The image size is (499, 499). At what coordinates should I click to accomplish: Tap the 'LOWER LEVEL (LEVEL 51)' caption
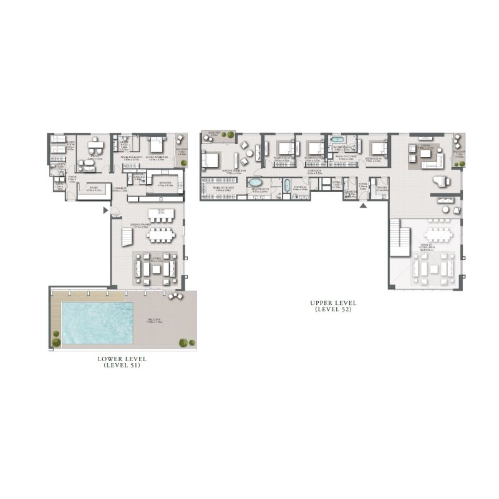click(x=122, y=362)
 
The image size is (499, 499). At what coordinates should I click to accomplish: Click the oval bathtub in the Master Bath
click(x=256, y=183)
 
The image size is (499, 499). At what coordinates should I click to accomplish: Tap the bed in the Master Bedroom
click(x=210, y=160)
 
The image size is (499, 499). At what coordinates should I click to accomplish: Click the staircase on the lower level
click(x=126, y=237)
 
